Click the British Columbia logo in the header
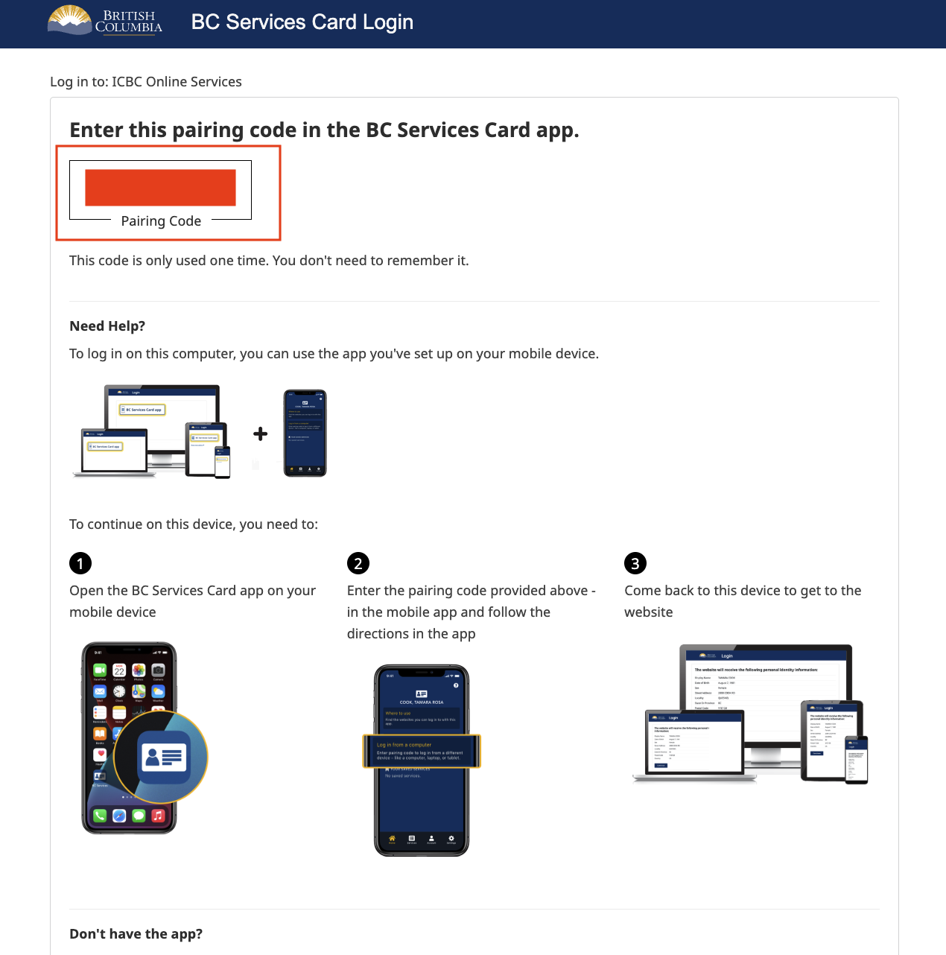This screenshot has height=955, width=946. point(105,21)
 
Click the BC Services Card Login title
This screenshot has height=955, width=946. point(302,22)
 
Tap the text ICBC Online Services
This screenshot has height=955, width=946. point(177,82)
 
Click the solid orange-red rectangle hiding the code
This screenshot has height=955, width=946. point(160,187)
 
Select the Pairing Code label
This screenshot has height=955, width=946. point(161,221)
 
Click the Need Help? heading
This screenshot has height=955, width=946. point(107,326)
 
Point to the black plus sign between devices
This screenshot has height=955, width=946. point(260,434)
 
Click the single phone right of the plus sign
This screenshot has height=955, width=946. point(305,433)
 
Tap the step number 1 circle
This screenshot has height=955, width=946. point(80,563)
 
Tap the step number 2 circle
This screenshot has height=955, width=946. point(358,563)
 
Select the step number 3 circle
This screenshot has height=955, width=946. point(635,563)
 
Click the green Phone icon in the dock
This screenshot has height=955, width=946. point(100,816)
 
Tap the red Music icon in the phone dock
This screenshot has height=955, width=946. point(158,816)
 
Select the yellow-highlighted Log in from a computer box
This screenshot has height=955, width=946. point(422,751)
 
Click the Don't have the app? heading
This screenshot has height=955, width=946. point(136,934)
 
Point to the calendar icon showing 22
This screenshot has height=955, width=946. point(119,670)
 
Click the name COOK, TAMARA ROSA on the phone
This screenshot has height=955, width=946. point(422,702)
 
